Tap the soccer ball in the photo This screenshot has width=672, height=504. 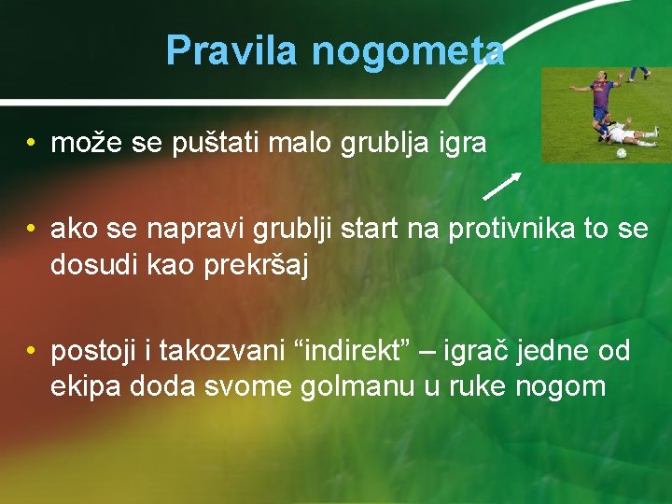[622, 152]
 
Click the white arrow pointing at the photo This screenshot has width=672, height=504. [501, 186]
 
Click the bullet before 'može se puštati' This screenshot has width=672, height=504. [32, 144]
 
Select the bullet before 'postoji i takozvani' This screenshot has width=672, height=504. [32, 352]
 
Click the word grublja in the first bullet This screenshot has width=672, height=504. [380, 143]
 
